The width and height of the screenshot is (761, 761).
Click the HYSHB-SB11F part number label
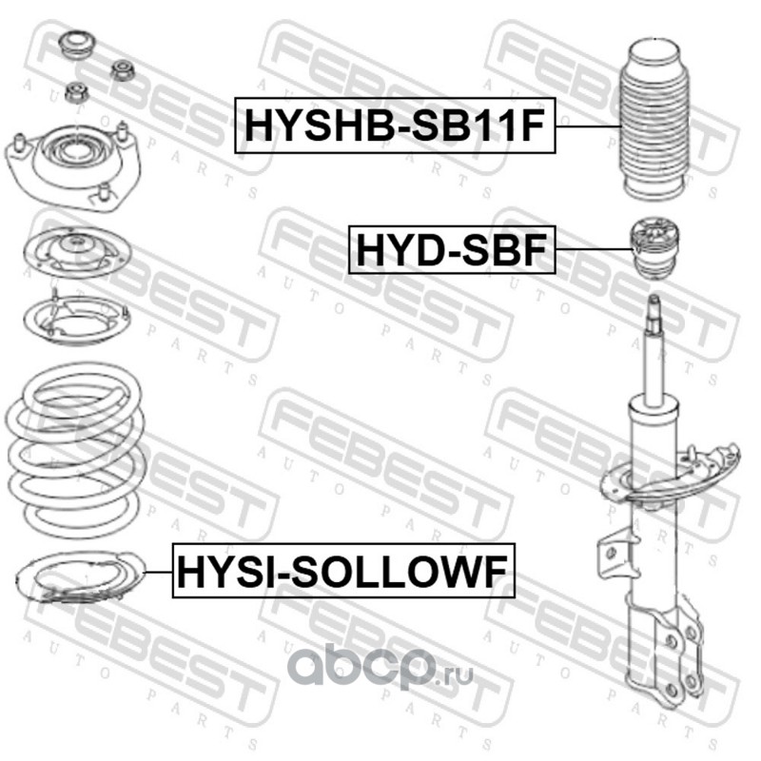395,126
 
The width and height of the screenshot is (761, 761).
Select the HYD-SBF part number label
452,249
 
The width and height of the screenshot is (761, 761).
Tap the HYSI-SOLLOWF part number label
343,570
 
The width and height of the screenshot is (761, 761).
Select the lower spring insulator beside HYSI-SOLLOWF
81,577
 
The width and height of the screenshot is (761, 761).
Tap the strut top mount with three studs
73,164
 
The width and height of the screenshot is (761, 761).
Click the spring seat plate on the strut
671,475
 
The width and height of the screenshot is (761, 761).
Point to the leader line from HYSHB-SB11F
588,127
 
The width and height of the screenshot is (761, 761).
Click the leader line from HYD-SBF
594,249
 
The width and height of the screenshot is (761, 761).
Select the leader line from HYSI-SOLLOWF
158,573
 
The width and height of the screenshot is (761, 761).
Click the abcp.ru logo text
380,667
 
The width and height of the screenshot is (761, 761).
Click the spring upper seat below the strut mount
77,252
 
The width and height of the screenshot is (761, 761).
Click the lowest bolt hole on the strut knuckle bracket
673,688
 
